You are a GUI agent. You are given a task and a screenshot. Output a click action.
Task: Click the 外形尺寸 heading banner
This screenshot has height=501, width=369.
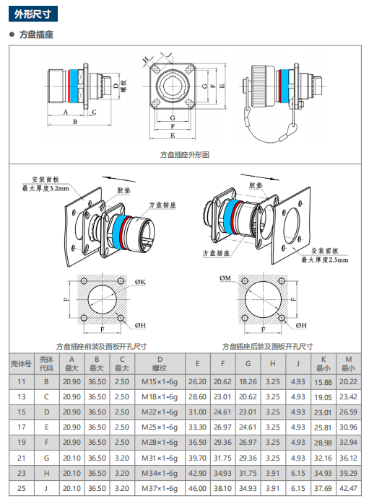(x=33, y=14)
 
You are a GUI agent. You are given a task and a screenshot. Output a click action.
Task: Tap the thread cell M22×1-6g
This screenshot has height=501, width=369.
(x=160, y=412)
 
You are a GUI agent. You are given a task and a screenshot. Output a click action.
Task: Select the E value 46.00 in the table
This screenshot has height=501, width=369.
(x=197, y=488)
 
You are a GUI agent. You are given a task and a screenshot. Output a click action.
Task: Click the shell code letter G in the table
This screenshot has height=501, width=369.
(x=46, y=458)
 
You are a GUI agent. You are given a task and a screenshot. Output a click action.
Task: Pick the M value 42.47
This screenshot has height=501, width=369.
(x=348, y=488)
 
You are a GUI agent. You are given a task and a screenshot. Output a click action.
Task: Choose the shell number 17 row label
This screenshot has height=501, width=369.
(x=22, y=427)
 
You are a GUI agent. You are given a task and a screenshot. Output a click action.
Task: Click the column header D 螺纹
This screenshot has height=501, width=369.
(x=160, y=363)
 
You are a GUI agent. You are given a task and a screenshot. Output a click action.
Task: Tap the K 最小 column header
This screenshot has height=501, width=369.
(x=324, y=363)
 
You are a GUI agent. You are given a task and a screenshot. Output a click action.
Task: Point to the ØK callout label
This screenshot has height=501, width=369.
(x=140, y=282)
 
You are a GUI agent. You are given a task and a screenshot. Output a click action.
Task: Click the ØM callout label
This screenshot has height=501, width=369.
(x=225, y=278)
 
